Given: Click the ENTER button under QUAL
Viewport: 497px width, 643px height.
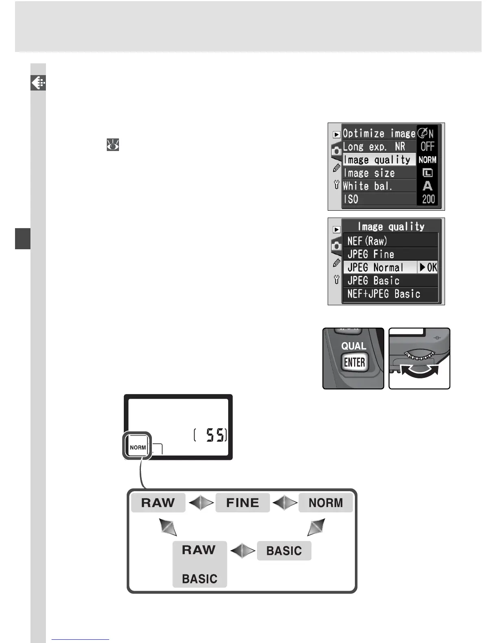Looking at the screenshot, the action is pyautogui.click(x=354, y=362).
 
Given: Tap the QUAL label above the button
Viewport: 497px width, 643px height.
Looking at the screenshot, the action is pyautogui.click(x=354, y=346).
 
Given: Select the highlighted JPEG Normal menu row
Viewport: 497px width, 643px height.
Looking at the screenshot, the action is pyautogui.click(x=380, y=268).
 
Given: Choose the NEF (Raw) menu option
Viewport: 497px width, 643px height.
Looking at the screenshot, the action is pyautogui.click(x=367, y=241).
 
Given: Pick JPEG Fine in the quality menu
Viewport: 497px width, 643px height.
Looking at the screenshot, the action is pyautogui.click(x=371, y=255).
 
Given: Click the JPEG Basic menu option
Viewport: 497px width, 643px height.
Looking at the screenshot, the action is pyautogui.click(x=373, y=281).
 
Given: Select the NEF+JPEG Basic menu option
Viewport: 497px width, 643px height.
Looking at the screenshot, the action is pyautogui.click(x=384, y=294).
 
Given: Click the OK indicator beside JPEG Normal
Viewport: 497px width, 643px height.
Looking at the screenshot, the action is pyautogui.click(x=428, y=268).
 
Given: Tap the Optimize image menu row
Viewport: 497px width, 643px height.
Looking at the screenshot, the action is pyautogui.click(x=379, y=134).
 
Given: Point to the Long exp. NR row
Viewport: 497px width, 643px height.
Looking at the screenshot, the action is pyautogui.click(x=374, y=147).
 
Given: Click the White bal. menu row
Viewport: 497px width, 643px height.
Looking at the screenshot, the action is pyautogui.click(x=367, y=186).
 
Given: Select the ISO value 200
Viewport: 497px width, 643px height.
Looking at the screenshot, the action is pyautogui.click(x=428, y=199).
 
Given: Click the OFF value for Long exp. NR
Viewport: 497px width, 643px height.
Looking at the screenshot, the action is pyautogui.click(x=428, y=147).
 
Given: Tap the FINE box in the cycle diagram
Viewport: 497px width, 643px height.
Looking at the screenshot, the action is pyautogui.click(x=242, y=503).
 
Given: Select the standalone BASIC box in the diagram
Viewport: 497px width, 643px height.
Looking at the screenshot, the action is pyautogui.click(x=284, y=551).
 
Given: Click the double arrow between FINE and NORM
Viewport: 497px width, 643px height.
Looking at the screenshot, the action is pyautogui.click(x=285, y=503).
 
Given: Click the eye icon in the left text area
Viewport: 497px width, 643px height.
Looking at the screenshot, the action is pyautogui.click(x=113, y=145).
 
